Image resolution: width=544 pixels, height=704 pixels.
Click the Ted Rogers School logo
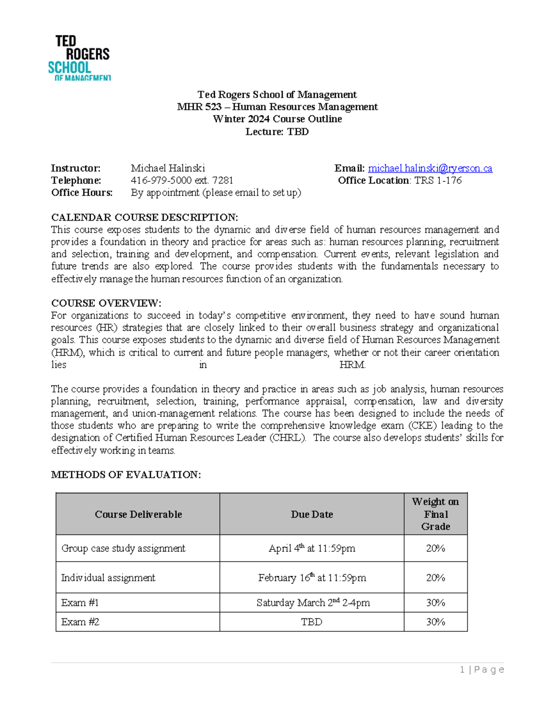[79, 58]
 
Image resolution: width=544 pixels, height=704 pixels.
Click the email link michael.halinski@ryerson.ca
[430, 168]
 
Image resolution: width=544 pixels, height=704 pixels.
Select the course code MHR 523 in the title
[199, 107]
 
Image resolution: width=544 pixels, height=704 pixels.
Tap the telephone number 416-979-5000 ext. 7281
[182, 180]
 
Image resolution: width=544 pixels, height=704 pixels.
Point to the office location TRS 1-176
[438, 180]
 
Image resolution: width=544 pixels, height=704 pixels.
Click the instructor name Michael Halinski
[168, 168]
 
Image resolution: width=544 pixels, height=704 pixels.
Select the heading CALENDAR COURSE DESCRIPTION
[144, 217]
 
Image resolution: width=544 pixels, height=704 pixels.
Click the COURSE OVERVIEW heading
[106, 303]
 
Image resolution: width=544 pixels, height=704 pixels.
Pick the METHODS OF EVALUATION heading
[126, 475]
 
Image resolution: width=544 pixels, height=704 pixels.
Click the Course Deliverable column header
[138, 514]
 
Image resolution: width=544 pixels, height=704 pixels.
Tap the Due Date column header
[312, 514]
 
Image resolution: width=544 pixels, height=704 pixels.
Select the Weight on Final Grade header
[435, 514]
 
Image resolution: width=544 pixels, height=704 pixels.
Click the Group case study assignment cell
[123, 549]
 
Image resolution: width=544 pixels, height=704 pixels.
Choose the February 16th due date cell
[312, 578]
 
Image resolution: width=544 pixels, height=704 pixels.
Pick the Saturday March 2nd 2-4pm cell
[313, 602]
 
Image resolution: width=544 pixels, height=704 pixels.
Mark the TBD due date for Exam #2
[312, 622]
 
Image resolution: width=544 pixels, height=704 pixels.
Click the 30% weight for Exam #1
[435, 602]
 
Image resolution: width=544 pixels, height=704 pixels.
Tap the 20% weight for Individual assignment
[435, 578]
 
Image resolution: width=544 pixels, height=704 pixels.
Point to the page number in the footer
[481, 670]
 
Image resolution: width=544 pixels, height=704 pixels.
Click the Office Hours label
[82, 193]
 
